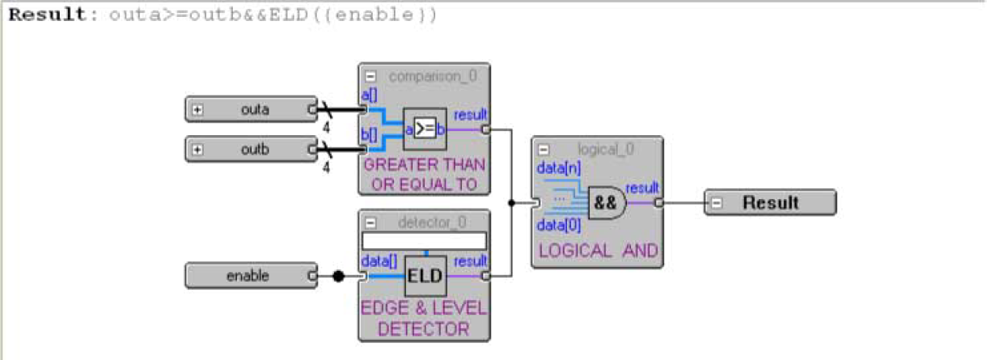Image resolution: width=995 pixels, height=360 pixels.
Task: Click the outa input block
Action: [251, 109]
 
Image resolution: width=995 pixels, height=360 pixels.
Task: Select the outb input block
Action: [251, 149]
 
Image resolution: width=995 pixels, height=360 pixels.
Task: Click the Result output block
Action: [770, 202]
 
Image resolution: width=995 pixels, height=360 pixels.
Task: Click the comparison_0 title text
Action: [432, 76]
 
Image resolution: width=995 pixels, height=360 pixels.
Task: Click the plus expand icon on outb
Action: [197, 150]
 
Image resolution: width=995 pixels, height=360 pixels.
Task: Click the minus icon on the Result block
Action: [717, 203]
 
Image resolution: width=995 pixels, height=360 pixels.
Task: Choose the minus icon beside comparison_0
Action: [370, 76]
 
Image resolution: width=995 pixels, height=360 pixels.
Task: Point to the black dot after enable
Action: [339, 277]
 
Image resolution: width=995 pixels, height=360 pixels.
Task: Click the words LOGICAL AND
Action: [597, 252]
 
